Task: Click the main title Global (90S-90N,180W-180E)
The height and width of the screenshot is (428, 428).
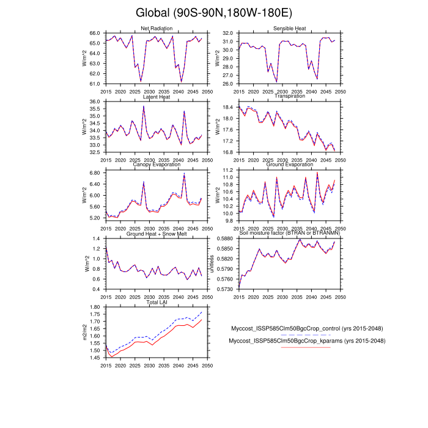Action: (x=213, y=13)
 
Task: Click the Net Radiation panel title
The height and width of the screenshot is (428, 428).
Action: (x=157, y=29)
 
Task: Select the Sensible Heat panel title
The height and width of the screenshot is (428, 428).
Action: (x=290, y=29)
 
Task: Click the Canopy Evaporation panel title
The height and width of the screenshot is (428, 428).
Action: (x=157, y=165)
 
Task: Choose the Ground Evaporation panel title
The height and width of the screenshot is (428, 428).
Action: (x=290, y=165)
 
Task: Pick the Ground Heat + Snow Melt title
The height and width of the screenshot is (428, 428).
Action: (x=157, y=234)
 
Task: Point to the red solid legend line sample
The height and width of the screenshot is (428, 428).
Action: (x=306, y=347)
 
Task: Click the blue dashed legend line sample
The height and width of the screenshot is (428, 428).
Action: (x=306, y=335)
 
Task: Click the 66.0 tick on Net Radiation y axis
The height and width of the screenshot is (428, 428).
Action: (x=95, y=33)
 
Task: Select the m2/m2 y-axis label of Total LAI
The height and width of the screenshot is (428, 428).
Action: (x=84, y=332)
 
